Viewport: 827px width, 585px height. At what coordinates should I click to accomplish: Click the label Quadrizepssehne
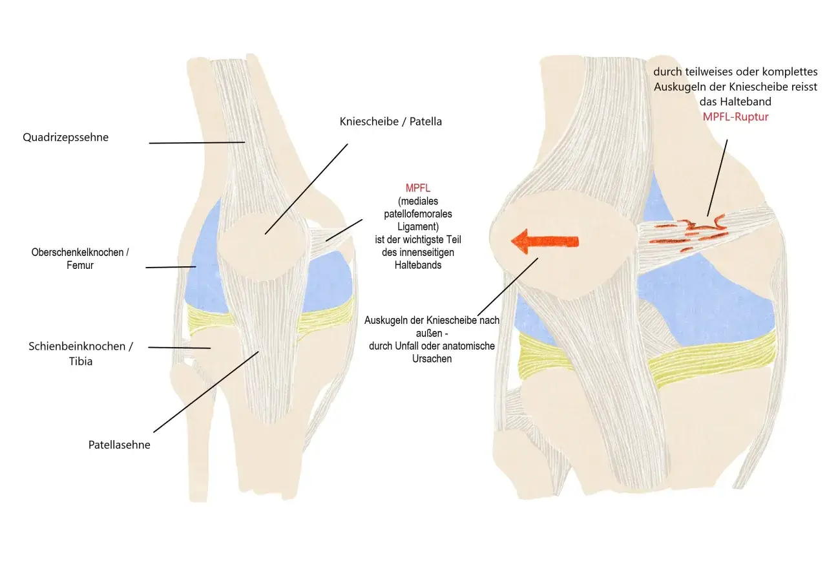[x=66, y=138]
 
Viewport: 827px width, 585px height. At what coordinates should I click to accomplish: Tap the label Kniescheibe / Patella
[x=391, y=122]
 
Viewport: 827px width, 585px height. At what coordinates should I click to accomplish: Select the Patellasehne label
[x=120, y=445]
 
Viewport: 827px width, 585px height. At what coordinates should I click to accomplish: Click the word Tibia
[x=81, y=361]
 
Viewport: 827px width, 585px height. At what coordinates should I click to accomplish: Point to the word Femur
[x=80, y=265]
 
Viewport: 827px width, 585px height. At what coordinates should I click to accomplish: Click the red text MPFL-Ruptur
[x=735, y=117]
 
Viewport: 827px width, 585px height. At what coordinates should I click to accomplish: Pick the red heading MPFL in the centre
[x=418, y=188]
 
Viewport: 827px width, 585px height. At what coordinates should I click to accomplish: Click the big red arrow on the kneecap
[x=545, y=241]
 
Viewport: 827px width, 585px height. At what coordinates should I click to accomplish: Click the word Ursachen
[x=432, y=359]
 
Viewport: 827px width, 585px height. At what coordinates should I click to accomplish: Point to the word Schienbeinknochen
[x=77, y=346]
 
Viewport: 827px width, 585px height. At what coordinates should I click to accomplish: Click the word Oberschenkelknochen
[x=78, y=252]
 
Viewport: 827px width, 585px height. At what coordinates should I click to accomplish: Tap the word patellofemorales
[x=418, y=214]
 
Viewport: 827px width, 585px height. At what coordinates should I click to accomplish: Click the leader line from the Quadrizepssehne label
[x=197, y=143]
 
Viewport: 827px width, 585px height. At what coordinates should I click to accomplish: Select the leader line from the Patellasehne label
[x=206, y=392]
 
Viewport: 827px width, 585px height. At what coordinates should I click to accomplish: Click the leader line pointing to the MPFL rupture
[x=717, y=178]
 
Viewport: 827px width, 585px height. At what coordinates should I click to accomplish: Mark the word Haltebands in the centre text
[x=418, y=265]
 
